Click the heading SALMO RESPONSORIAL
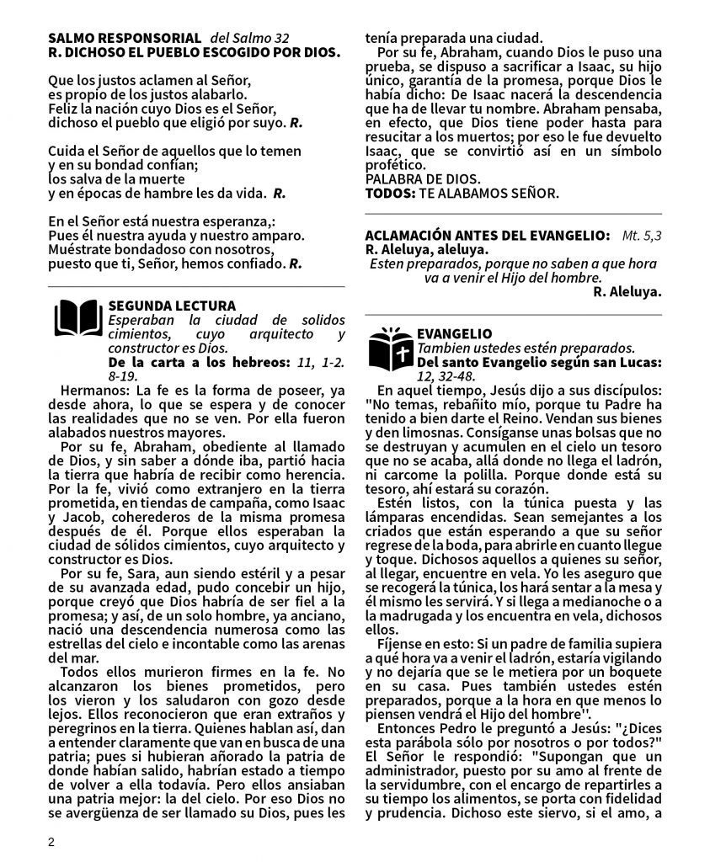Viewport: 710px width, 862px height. [124, 39]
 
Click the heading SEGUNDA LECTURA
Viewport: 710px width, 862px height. [172, 306]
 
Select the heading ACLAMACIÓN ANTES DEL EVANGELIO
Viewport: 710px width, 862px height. [488, 236]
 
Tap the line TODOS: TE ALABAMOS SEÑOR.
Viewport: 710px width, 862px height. [461, 194]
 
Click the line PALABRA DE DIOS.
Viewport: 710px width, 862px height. [422, 179]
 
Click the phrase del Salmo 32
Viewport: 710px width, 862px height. [249, 39]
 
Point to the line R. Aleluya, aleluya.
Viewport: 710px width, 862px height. [426, 250]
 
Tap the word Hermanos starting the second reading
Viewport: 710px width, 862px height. [89, 391]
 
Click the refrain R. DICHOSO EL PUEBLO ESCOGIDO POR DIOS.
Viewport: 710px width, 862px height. [195, 53]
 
